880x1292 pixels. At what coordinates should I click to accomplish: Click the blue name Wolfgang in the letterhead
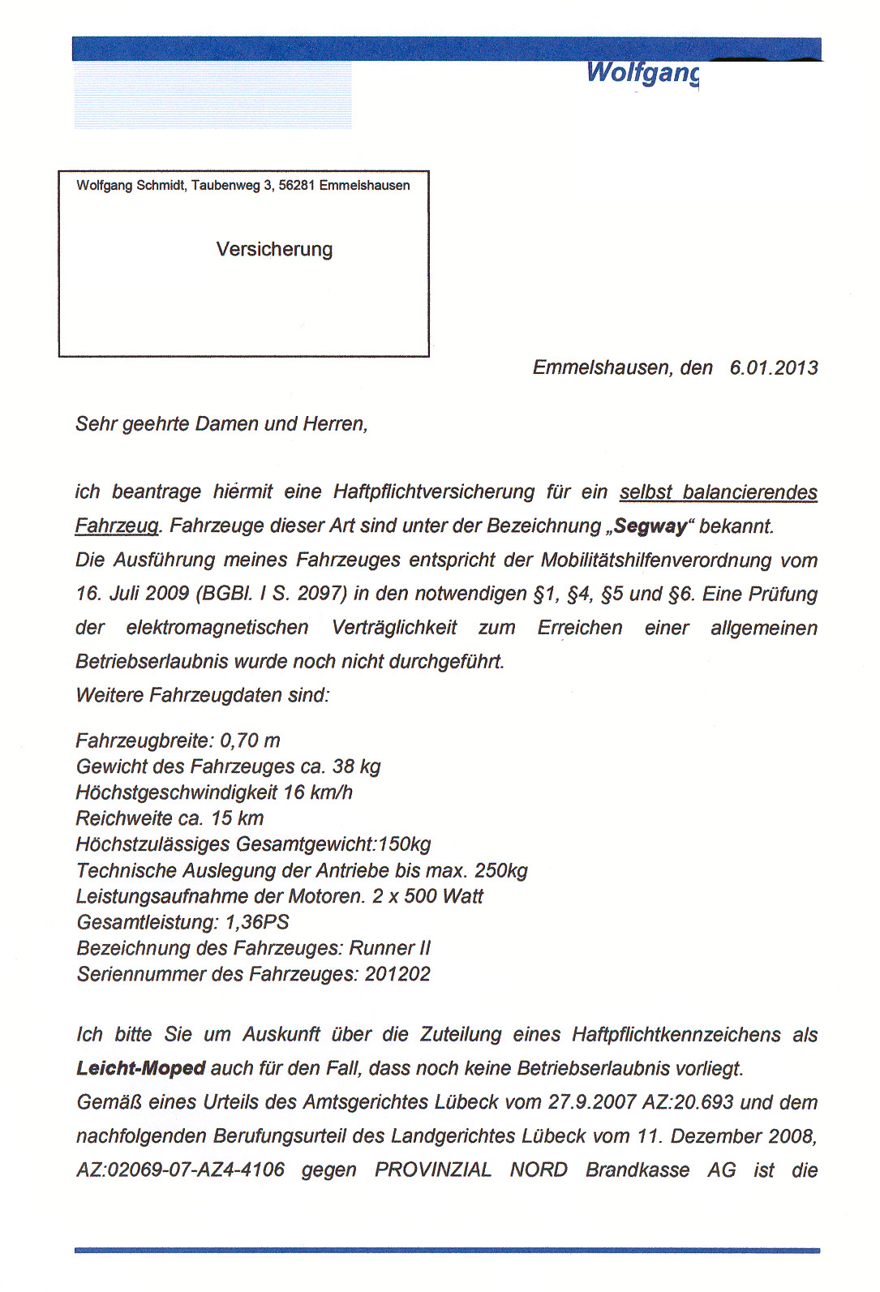(x=642, y=72)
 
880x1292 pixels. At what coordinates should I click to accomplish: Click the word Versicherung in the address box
(x=274, y=249)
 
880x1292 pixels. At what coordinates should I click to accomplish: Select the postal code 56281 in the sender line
(x=296, y=185)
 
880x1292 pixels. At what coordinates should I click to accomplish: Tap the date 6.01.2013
(x=773, y=367)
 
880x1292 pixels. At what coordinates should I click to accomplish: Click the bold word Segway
(x=650, y=526)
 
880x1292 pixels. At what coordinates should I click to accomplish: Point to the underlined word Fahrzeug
(x=117, y=526)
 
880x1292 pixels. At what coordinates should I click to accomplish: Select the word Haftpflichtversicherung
(x=434, y=491)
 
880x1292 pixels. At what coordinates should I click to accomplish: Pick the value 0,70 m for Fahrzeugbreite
(x=250, y=740)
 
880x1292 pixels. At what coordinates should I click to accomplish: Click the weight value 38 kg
(x=356, y=766)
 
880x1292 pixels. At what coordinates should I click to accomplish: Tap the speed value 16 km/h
(x=318, y=792)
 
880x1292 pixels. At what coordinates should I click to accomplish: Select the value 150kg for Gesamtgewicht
(x=404, y=844)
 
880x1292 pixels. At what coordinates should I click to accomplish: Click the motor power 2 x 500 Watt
(x=427, y=896)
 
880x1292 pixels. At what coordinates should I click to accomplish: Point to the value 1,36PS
(x=257, y=922)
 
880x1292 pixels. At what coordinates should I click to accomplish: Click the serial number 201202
(x=397, y=974)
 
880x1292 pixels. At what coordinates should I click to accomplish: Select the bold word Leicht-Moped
(x=140, y=1068)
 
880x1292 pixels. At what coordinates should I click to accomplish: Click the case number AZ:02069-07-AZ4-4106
(x=181, y=1170)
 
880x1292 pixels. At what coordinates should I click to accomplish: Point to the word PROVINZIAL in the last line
(x=433, y=1170)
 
